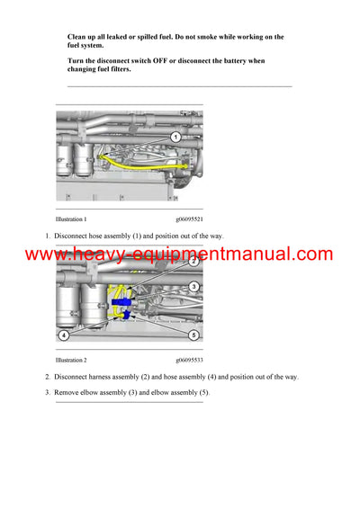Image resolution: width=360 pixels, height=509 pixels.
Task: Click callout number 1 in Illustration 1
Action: [x=175, y=137]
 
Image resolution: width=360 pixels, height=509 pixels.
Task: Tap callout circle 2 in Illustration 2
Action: [x=193, y=261]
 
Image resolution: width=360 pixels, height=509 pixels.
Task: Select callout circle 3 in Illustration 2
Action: [x=193, y=286]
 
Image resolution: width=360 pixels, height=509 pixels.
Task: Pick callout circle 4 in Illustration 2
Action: [x=64, y=335]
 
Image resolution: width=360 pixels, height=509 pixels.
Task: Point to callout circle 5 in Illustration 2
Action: [x=193, y=335]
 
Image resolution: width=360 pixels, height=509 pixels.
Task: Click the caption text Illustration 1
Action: [x=71, y=219]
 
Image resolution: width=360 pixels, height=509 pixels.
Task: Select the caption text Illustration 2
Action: [x=71, y=360]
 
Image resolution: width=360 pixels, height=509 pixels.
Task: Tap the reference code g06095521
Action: [x=189, y=219]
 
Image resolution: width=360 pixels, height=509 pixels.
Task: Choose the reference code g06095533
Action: [x=189, y=360]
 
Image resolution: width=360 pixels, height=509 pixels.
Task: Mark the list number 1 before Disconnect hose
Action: [x=48, y=236]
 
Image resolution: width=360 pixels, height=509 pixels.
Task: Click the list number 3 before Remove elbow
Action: [x=48, y=392]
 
